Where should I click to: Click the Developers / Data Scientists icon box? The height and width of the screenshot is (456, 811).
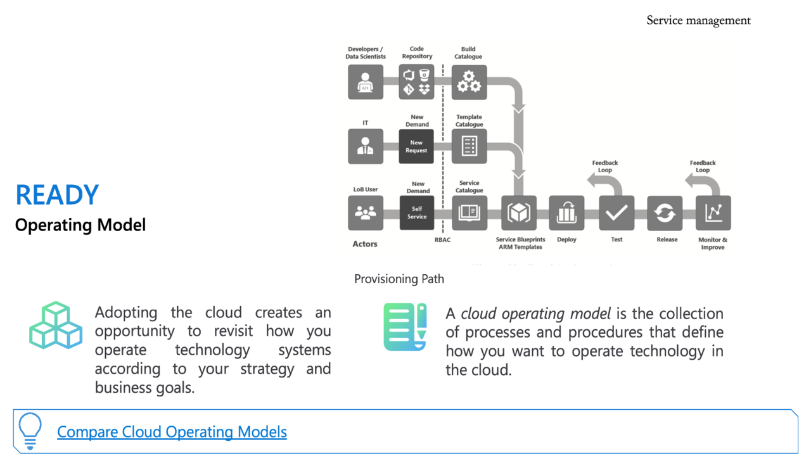tap(366, 82)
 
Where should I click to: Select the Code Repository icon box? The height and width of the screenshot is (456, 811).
tap(417, 82)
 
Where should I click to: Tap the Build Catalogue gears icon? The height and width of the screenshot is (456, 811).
tap(469, 82)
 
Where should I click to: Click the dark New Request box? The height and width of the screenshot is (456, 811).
tap(416, 146)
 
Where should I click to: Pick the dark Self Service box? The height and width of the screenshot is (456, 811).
tap(417, 213)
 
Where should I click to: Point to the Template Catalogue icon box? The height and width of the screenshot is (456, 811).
tap(469, 146)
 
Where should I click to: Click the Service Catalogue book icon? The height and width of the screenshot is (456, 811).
tap(469, 213)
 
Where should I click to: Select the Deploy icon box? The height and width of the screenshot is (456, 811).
tap(566, 213)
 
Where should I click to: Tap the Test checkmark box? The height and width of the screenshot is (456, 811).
tap(616, 213)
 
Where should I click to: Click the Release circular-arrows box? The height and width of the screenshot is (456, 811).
tap(665, 213)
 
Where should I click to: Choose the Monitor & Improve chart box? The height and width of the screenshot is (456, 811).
tap(713, 213)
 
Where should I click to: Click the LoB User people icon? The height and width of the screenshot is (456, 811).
tap(366, 213)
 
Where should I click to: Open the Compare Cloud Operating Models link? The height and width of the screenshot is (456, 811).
tap(172, 432)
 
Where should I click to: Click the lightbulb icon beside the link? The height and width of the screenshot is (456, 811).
tap(30, 431)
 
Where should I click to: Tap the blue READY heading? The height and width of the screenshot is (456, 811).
tap(57, 195)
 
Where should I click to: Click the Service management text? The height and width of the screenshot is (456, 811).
tap(698, 20)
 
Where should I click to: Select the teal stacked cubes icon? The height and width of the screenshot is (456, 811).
tap(56, 326)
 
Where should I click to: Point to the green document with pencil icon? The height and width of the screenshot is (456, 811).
tap(405, 327)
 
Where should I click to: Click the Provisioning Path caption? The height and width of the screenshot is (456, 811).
tap(399, 279)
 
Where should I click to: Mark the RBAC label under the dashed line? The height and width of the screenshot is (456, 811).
tap(442, 240)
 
